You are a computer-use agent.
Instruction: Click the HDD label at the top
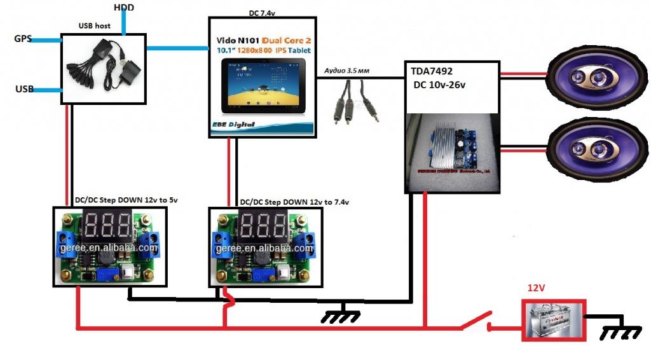tap(123, 7)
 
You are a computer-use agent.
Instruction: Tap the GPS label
tap(24, 39)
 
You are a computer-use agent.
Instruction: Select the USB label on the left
tap(24, 88)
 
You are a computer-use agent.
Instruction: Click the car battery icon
tap(552, 321)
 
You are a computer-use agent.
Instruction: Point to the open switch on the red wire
tap(477, 321)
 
